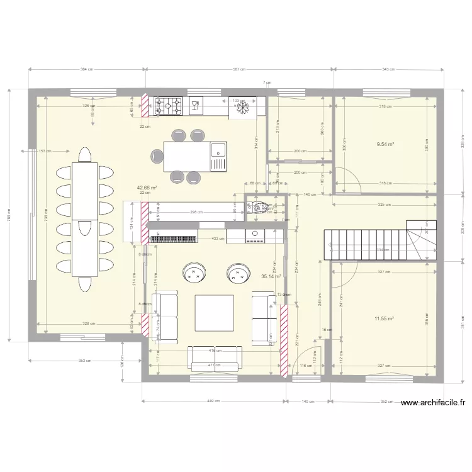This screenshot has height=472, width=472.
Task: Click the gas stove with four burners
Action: click(169, 106)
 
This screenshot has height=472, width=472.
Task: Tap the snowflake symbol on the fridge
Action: click(243, 108)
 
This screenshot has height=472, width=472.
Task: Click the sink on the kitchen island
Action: click(218, 150)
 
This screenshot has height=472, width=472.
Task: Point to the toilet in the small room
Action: click(258, 205)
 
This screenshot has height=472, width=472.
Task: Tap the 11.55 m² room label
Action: click(384, 319)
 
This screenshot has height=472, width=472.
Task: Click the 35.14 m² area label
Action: click(271, 276)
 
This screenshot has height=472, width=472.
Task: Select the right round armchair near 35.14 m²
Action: click(238, 273)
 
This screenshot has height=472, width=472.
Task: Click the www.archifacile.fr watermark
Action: click(432, 403)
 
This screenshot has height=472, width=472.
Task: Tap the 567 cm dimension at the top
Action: click(239, 70)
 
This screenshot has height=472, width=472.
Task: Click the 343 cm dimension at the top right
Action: click(388, 70)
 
